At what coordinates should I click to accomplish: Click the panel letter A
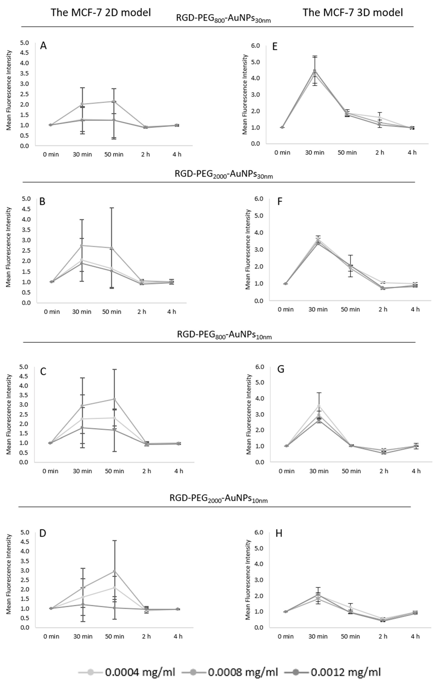[x=43, y=46]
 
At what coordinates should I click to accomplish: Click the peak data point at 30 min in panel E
[x=315, y=71]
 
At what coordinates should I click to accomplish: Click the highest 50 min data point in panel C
[x=114, y=399]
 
